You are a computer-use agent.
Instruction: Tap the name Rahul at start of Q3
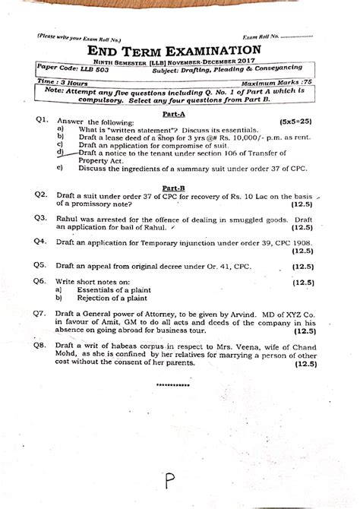tap(68, 218)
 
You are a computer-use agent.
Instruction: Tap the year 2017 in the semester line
tap(247, 63)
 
